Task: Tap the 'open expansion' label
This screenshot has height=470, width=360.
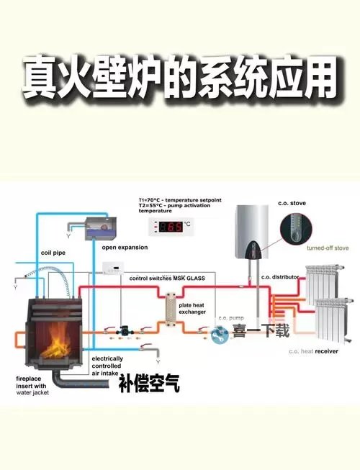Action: coord(125,247)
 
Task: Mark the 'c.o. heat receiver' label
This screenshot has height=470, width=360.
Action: coord(314,351)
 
